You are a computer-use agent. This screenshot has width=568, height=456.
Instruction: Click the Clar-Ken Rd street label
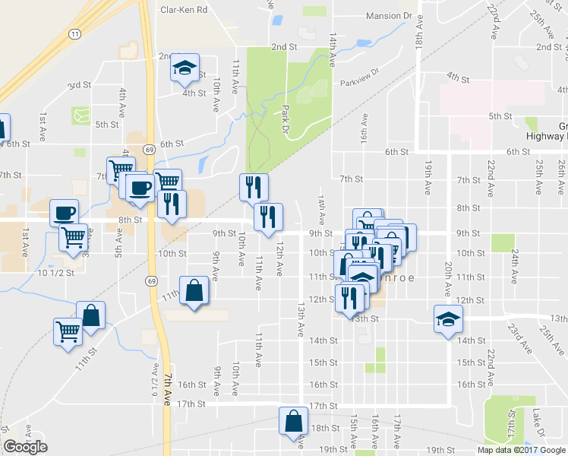(183, 11)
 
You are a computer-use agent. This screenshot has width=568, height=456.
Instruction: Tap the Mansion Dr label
(388, 16)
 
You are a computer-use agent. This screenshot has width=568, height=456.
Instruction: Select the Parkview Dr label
(358, 82)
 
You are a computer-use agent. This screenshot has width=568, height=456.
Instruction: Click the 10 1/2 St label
(55, 272)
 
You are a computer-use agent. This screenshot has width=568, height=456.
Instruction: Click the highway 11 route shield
(74, 34)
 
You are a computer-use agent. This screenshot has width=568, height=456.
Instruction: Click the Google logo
(25, 447)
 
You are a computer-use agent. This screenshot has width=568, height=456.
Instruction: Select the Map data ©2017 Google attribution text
(520, 450)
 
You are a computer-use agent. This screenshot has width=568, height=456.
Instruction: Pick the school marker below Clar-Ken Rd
(184, 68)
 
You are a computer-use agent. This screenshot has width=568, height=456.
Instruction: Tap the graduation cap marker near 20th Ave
(447, 319)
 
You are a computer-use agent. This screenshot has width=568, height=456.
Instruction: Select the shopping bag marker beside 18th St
(293, 420)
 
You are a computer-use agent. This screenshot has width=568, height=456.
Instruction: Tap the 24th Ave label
(515, 264)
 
